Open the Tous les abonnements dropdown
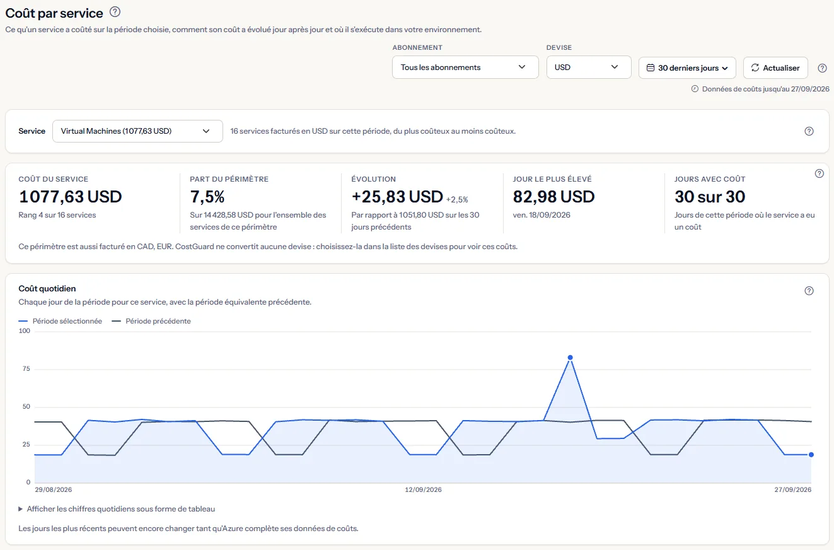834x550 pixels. (x=465, y=67)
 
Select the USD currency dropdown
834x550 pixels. (x=589, y=67)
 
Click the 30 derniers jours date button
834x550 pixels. (x=687, y=68)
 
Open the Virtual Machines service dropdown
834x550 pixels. (x=137, y=131)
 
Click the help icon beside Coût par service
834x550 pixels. (x=115, y=12)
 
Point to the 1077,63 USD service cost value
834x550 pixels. (x=71, y=196)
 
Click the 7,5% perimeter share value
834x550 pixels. (x=207, y=197)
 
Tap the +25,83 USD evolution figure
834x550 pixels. (x=397, y=196)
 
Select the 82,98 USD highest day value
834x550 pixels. (x=553, y=196)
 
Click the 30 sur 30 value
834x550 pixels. (x=710, y=196)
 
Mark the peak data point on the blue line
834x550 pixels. (x=570, y=358)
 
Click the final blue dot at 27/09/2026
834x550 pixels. (x=811, y=455)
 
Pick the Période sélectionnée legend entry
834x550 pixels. (x=61, y=321)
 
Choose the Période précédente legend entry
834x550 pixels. (x=151, y=321)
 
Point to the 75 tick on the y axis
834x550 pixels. (x=26, y=368)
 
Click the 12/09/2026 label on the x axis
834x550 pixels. (x=423, y=489)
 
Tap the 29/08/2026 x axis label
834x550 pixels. (x=53, y=489)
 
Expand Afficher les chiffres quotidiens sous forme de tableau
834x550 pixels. (x=117, y=509)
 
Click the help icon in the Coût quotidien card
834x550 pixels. (x=809, y=291)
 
